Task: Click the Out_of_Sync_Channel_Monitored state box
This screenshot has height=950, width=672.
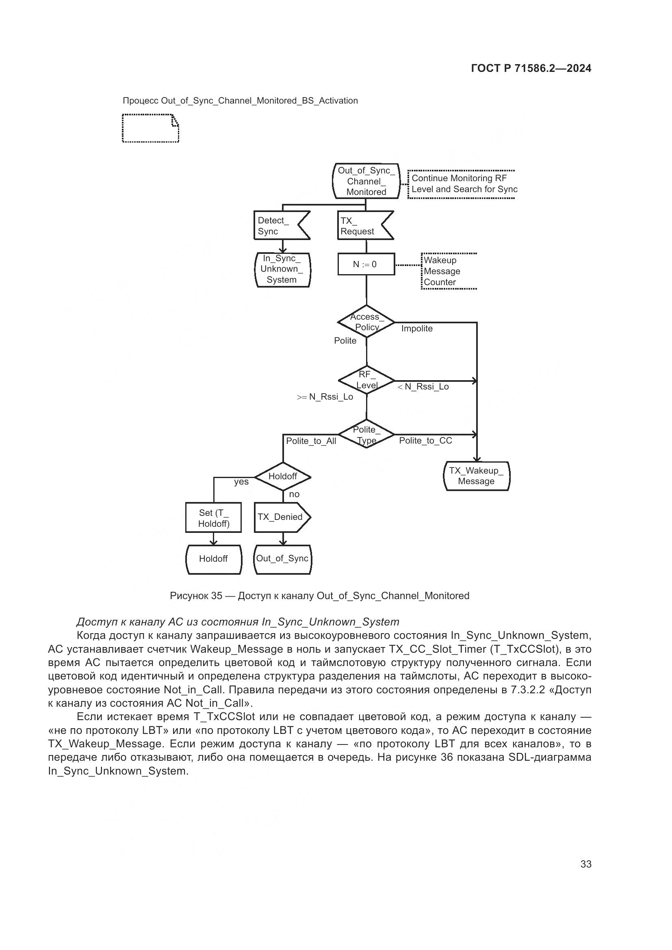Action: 366,181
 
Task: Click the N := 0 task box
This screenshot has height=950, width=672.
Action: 366,264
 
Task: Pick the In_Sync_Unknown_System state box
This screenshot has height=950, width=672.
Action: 282,269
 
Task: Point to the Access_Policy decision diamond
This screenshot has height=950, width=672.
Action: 366,322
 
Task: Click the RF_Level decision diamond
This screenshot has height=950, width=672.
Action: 366,380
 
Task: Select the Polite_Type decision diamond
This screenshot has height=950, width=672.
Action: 366,435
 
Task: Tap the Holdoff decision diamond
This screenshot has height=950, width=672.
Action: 283,476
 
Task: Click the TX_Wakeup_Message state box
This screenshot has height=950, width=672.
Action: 476,476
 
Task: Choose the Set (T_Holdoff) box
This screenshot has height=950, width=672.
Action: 214,517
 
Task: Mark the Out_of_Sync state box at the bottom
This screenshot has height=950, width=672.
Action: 282,558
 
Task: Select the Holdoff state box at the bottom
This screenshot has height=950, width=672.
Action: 214,559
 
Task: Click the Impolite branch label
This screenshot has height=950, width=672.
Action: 417,329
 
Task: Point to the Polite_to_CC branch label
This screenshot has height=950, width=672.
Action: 425,441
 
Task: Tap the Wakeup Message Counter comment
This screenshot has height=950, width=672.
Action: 442,271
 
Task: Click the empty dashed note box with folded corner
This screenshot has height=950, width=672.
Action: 150,128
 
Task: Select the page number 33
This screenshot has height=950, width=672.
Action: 585,864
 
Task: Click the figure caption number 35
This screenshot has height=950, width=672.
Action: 217,596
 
